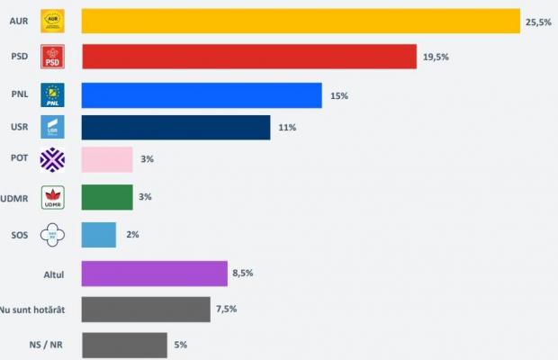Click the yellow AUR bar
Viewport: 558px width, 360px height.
point(301,21)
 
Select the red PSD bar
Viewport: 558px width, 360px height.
point(249,57)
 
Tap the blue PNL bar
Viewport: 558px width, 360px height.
point(202,95)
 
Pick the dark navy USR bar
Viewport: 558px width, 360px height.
point(175,128)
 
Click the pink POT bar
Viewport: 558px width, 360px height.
point(107,159)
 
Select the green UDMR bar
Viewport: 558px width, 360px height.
point(107,197)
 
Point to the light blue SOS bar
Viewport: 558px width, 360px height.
point(98,235)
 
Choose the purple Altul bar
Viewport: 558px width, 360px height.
point(154,274)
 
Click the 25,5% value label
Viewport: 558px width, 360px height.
point(538,22)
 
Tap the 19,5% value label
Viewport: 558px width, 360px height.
point(435,58)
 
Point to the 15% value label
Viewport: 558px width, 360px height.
point(339,95)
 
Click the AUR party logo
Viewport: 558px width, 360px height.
point(53,20)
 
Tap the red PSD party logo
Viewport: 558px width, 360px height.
point(53,57)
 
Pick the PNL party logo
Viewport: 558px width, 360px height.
point(53,94)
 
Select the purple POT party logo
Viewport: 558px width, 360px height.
point(53,160)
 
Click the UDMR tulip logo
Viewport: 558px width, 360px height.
point(53,197)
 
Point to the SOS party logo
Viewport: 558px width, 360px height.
point(53,235)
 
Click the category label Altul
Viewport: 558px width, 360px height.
point(51,273)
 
